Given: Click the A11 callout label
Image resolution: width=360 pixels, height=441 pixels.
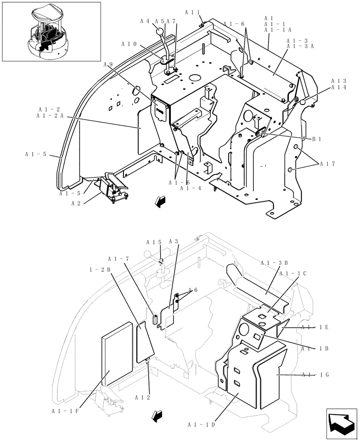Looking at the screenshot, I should point(192,13).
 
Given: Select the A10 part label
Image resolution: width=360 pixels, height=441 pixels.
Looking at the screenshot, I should point(129,44).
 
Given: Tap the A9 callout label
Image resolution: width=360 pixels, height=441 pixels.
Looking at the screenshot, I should point(108,64).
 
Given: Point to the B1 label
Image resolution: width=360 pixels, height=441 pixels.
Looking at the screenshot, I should point(316,139).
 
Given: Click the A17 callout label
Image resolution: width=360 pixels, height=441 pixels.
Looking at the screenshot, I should point(328,164).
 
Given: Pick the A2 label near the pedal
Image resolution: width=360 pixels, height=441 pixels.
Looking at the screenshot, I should point(76,203).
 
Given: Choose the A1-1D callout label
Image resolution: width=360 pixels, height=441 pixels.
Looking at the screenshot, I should point(201,425).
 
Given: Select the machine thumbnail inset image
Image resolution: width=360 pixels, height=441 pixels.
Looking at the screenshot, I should point(51,31).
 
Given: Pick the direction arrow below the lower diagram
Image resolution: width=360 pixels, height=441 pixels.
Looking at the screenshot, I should point(155,415).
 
